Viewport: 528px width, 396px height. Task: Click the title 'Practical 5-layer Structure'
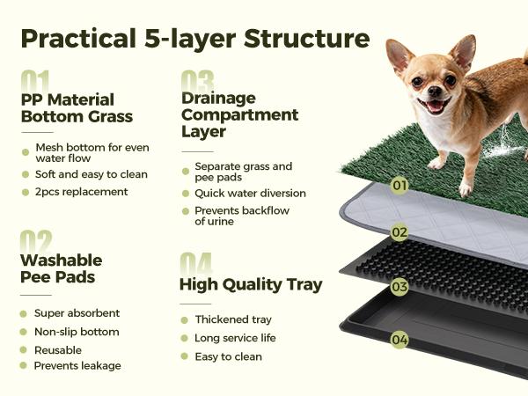point(194,40)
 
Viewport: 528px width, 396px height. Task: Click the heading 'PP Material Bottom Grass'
point(77,107)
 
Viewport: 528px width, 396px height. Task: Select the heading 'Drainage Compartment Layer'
point(239,114)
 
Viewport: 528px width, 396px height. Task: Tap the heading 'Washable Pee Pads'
point(62,268)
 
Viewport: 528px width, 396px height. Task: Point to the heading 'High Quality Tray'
point(251,284)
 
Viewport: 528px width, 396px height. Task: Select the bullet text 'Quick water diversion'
point(251,194)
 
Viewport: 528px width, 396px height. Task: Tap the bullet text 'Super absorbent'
point(77,313)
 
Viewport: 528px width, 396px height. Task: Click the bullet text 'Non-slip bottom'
point(77,332)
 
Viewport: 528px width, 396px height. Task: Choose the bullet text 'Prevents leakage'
point(77,366)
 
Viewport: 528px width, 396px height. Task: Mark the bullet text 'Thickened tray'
point(233,319)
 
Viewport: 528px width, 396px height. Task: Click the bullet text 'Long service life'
point(236,338)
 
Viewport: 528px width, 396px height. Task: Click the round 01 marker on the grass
point(400,186)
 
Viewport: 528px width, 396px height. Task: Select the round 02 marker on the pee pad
point(400,233)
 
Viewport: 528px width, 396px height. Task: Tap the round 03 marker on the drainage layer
point(400,287)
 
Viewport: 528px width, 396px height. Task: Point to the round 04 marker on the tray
point(400,340)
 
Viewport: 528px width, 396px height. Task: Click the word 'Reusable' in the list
point(59,349)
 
